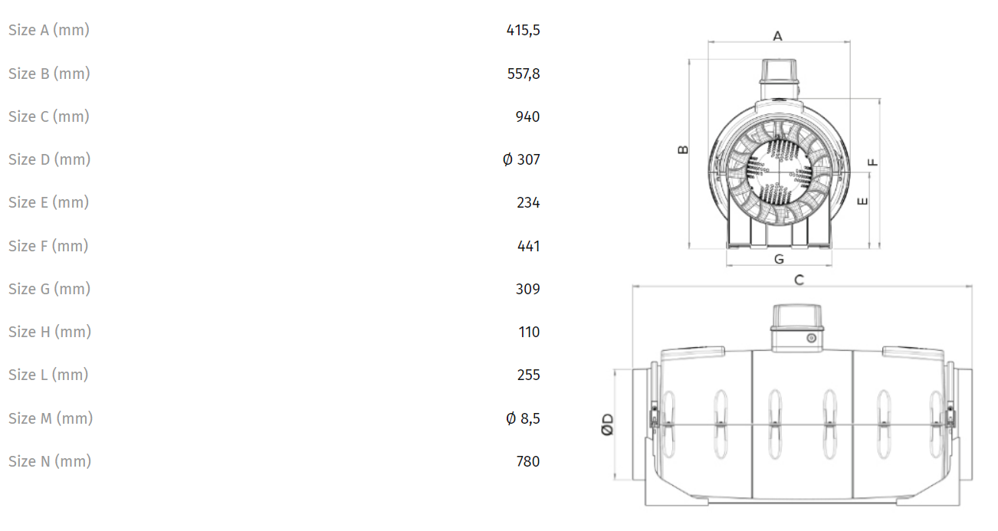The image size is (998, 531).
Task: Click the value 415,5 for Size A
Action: [x=523, y=31]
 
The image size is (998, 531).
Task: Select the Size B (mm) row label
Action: [x=49, y=74]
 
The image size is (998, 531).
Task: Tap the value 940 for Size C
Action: [x=527, y=116]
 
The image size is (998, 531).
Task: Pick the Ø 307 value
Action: [x=521, y=159]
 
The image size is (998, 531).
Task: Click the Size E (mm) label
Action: [x=48, y=202]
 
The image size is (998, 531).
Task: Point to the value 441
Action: [x=528, y=246]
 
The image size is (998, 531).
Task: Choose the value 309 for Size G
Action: [x=528, y=289]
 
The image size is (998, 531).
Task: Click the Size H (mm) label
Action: [x=50, y=332]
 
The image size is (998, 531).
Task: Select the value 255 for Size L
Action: [x=528, y=375]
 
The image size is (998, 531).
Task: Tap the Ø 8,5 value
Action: [x=523, y=418]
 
